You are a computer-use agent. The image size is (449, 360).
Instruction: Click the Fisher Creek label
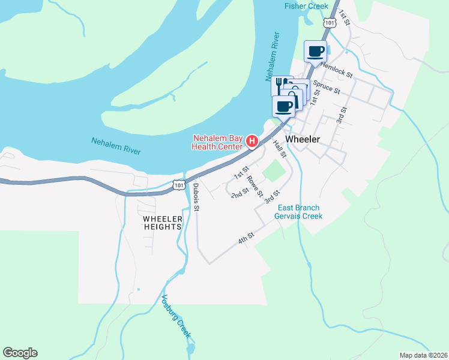[x=306, y=6]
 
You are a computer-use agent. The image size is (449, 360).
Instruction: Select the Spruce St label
[x=327, y=88]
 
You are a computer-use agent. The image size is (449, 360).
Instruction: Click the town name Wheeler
[x=303, y=139]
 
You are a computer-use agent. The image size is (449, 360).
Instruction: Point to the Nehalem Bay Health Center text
[x=217, y=141]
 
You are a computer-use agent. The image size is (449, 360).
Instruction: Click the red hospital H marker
[x=253, y=142]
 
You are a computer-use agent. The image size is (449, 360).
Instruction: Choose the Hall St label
[x=279, y=149]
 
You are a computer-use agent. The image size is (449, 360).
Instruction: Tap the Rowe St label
[x=255, y=187]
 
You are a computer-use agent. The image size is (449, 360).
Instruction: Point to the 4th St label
[x=247, y=239]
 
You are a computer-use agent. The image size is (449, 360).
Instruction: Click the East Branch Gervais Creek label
[x=299, y=212]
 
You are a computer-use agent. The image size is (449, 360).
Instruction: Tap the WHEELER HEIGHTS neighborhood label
[x=162, y=223]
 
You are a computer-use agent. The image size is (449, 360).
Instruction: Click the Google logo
[x=20, y=353]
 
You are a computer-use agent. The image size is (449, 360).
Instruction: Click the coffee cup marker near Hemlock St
[x=316, y=51]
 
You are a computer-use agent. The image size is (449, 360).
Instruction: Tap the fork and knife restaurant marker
[x=280, y=85]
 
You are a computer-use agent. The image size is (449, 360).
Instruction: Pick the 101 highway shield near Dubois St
[x=179, y=186]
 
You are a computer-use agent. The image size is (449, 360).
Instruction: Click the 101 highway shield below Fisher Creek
[x=330, y=22]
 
